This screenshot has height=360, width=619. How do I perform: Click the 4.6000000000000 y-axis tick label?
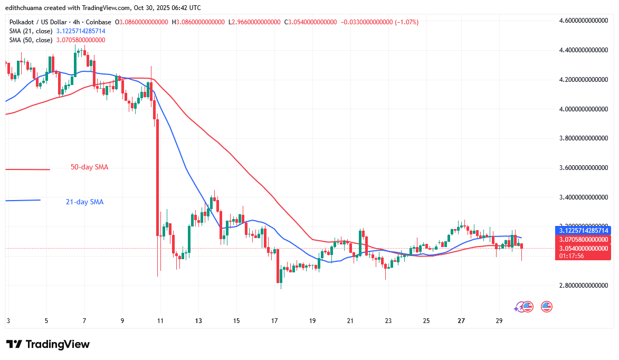(584, 21)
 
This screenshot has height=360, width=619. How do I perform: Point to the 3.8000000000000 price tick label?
(584, 138)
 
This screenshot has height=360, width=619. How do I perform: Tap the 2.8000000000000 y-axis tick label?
(584, 286)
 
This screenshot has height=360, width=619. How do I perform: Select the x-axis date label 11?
(160, 321)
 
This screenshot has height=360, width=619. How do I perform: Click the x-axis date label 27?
(461, 321)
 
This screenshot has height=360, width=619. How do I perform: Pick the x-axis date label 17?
(274, 321)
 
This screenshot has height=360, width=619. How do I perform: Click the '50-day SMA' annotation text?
(89, 167)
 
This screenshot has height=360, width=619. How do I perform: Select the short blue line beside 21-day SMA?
(23, 200)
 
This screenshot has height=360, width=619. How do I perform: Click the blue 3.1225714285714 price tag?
(583, 231)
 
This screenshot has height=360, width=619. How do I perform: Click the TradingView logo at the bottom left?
(48, 344)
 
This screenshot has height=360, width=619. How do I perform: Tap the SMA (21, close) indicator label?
(31, 31)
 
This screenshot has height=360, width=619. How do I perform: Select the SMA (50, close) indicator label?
(31, 40)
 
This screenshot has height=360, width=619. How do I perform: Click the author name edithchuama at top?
(24, 8)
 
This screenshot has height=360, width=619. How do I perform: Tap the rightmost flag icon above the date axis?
(546, 306)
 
